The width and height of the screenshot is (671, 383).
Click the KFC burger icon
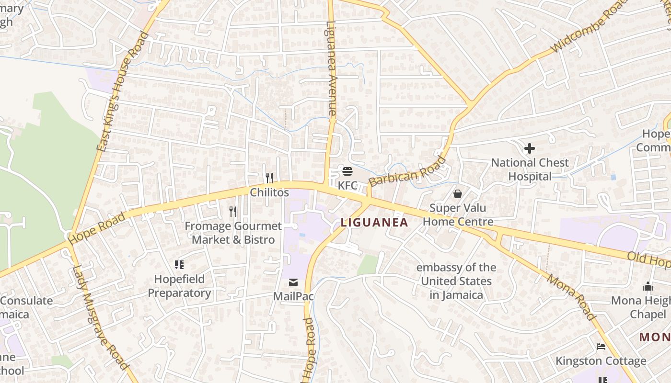point(347,171)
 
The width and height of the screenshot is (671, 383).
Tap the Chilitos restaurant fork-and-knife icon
point(269,178)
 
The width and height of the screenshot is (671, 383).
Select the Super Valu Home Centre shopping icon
point(458,194)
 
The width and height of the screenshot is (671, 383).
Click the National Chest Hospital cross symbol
point(530,148)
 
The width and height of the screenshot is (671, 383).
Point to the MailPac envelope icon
point(293,282)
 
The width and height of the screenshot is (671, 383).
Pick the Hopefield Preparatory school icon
point(179,264)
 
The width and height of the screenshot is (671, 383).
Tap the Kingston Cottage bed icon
point(601,346)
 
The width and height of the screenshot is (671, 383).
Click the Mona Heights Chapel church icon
point(648,286)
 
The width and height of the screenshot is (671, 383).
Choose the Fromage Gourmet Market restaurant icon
point(233,211)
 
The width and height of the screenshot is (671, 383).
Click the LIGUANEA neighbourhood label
point(374,222)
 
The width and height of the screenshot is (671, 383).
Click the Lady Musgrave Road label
point(100,316)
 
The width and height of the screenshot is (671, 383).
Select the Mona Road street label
point(571,297)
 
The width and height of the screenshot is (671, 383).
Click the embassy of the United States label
point(456,281)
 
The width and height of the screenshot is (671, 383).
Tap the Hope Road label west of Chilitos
point(97,228)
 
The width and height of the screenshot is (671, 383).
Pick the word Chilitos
point(269,192)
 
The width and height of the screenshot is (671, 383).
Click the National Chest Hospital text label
point(530,169)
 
